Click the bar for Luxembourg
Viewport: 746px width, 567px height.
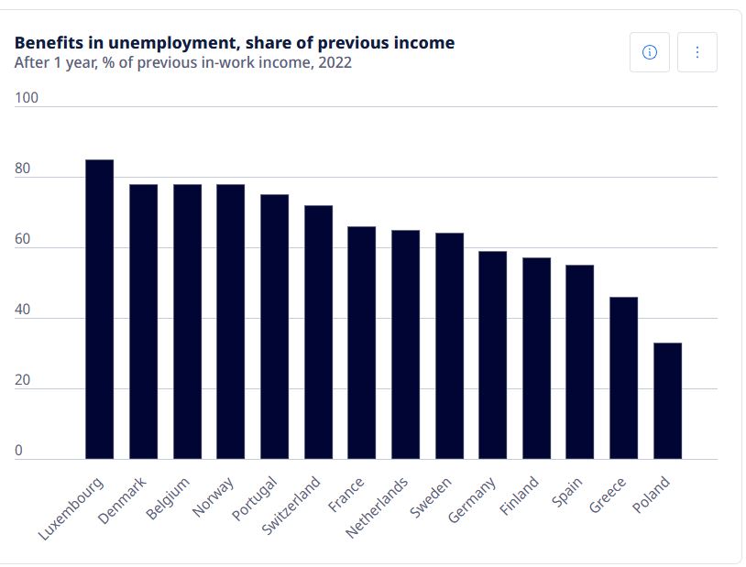coord(99,309)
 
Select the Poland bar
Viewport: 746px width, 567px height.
coord(667,400)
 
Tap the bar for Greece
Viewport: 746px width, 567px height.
coord(623,377)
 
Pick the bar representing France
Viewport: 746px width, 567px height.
coord(361,342)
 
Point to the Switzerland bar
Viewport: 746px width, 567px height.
coord(318,332)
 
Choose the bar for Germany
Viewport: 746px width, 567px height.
coord(492,354)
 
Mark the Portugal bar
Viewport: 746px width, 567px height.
coord(274,326)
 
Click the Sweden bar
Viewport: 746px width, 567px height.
coord(449,345)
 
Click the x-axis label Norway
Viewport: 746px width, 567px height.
coord(213,497)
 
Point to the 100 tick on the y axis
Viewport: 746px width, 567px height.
coord(27,98)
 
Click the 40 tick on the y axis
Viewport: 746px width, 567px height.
coord(22,310)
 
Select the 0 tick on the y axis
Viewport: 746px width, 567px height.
coord(18,451)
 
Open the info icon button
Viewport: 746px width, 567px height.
coord(650,52)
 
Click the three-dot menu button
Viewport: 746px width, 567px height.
coord(697,52)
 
